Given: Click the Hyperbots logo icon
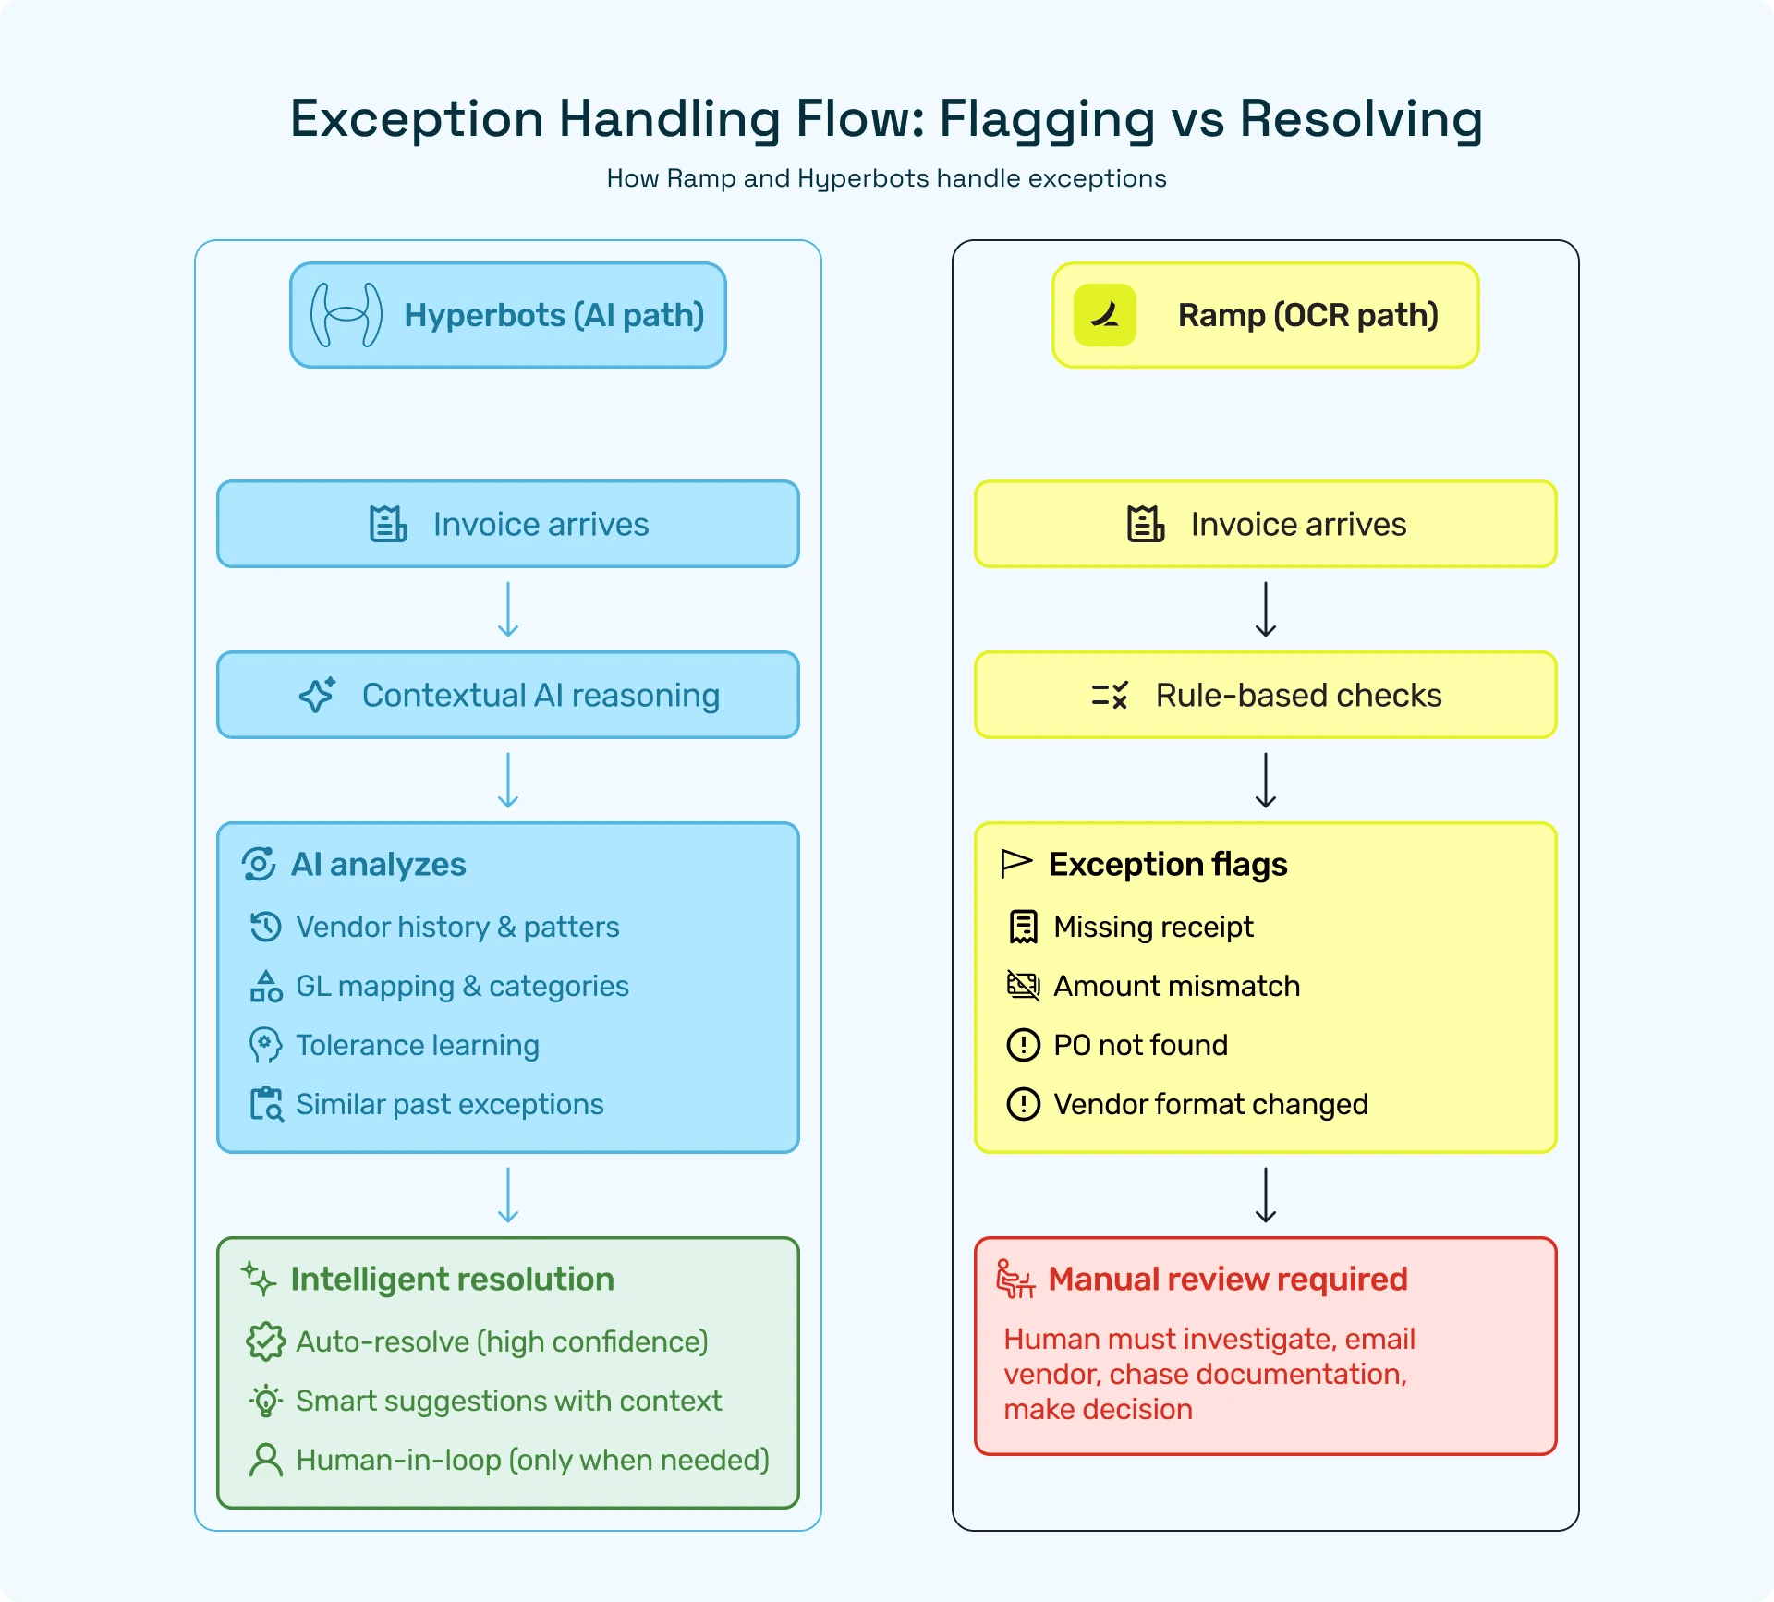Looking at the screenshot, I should [x=346, y=315].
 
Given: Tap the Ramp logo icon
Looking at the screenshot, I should [x=1104, y=315].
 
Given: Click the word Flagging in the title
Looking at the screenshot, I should [x=1047, y=120].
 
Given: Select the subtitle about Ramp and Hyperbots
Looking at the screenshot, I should [x=886, y=178].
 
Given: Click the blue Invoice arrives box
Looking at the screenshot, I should [x=507, y=524].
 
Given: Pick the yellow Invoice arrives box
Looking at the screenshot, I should [x=1265, y=524].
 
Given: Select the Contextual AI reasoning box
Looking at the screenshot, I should [x=507, y=695].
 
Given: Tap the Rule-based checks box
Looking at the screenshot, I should [x=1265, y=695].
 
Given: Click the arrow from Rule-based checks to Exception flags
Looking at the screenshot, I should [x=1266, y=780].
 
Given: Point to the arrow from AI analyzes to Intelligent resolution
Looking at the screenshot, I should [x=508, y=1195].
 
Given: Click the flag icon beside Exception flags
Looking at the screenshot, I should [x=1016, y=864].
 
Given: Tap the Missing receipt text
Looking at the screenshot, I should [x=1153, y=927].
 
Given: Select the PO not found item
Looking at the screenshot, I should [x=1140, y=1045].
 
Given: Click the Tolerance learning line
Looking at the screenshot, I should [x=417, y=1045].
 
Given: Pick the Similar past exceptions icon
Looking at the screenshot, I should [x=266, y=1104].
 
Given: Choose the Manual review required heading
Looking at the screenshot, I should [x=1227, y=1279].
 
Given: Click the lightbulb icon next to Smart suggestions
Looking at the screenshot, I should [x=266, y=1401].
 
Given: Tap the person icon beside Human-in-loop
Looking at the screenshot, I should [x=266, y=1460].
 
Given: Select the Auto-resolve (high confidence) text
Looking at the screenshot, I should [x=502, y=1341].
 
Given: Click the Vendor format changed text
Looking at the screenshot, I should [x=1210, y=1104].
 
